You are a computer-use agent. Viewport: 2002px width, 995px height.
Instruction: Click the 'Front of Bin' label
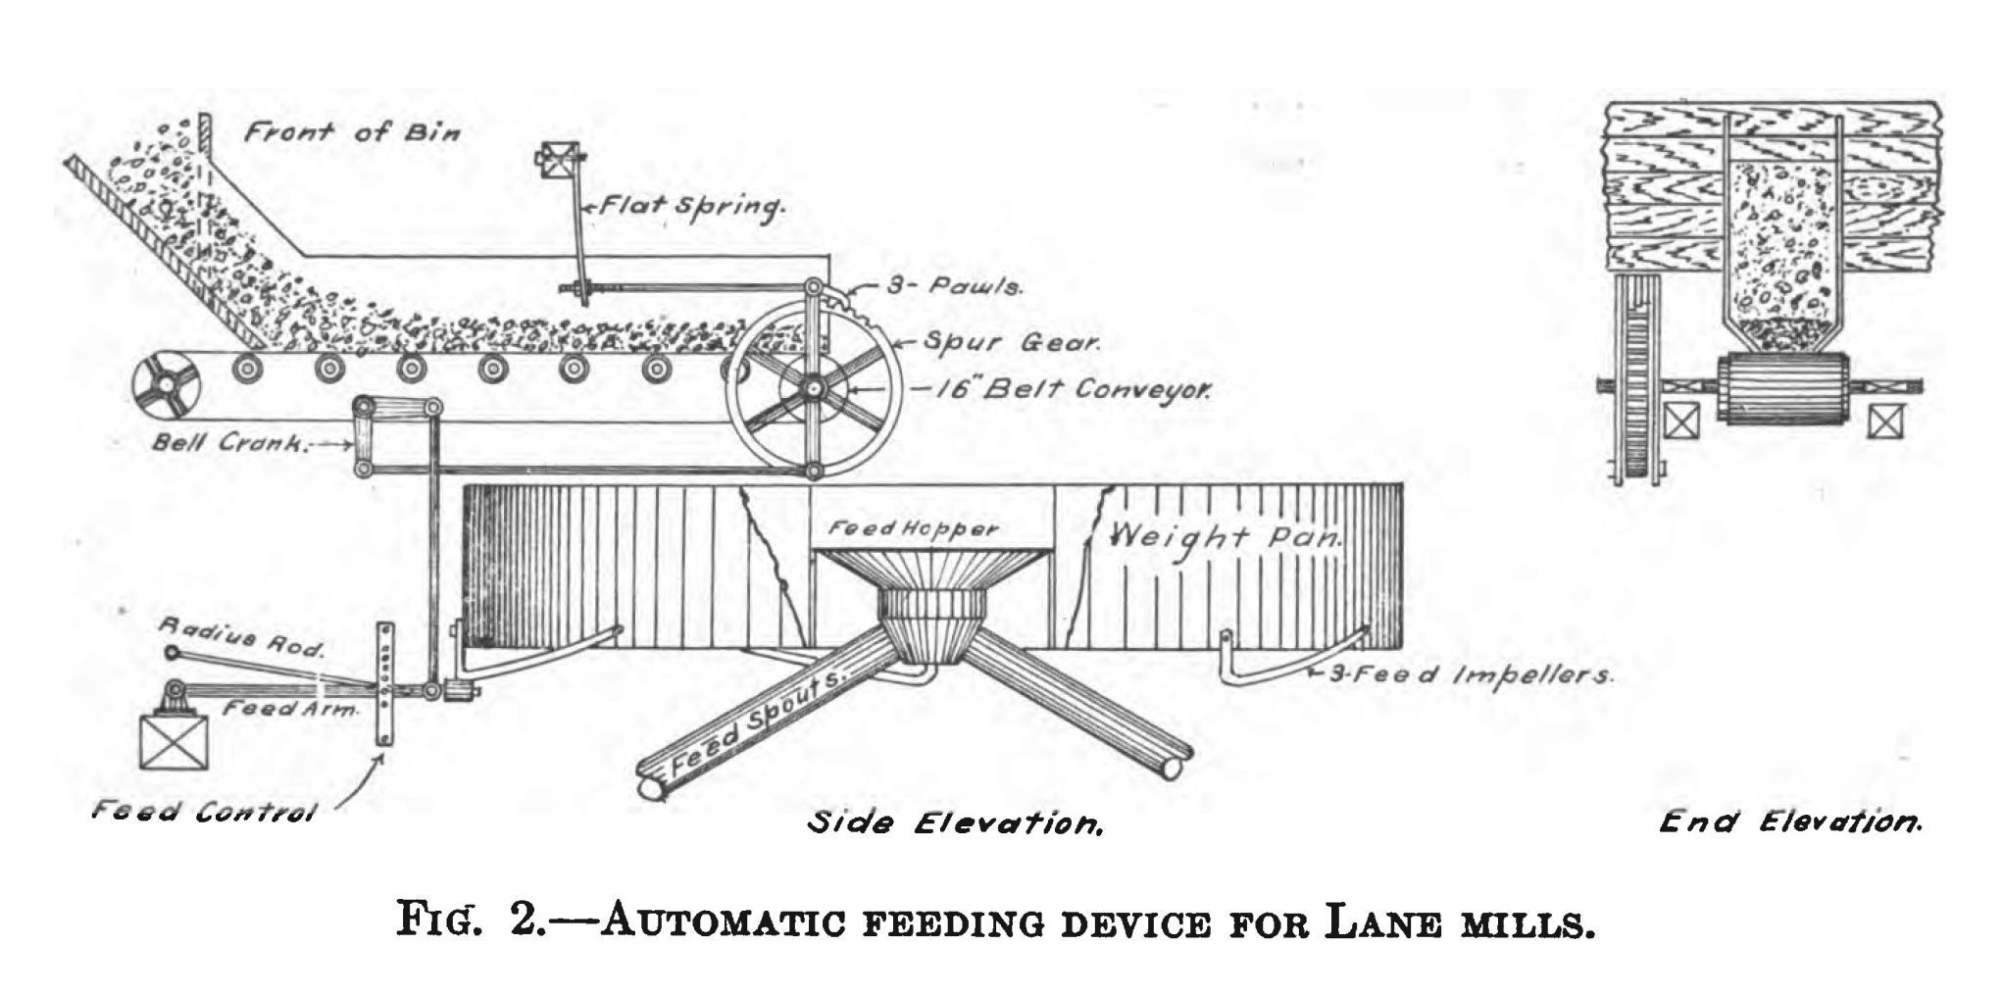point(351,132)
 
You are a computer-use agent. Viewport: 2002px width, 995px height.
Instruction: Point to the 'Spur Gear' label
point(1014,344)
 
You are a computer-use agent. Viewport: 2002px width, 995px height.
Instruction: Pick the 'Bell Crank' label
point(230,442)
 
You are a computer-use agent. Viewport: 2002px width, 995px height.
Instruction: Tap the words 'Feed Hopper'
point(913,529)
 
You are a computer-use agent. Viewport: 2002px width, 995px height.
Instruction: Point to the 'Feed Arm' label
point(291,709)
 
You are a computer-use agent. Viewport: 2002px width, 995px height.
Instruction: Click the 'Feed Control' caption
point(205,812)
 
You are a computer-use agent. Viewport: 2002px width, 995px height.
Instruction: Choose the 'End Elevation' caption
point(1790,821)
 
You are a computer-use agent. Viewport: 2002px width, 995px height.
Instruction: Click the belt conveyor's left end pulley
point(167,386)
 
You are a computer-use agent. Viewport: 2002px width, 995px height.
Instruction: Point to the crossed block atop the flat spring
point(556,159)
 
